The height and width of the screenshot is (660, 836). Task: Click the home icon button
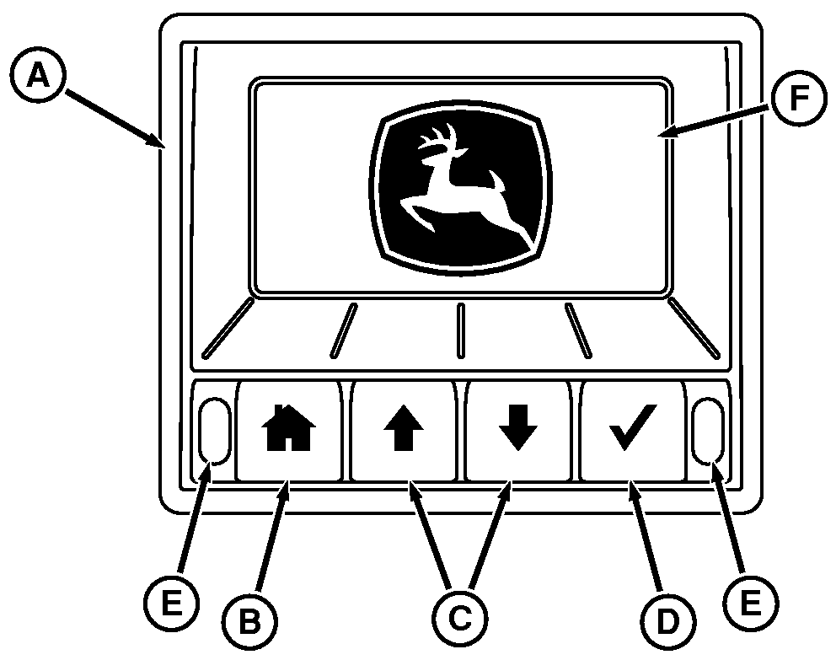[x=288, y=430]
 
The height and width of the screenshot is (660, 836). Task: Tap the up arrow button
[x=404, y=430]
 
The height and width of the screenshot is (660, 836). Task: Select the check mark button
[x=632, y=430]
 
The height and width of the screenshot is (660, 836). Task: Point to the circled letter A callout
[x=38, y=75]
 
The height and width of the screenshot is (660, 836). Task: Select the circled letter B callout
[x=249, y=621]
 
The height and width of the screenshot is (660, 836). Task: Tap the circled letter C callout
[x=459, y=619]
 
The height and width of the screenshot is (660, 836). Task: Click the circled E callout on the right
[x=751, y=604]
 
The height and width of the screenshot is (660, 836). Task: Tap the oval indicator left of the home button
[x=214, y=430]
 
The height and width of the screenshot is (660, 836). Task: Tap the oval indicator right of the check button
[x=708, y=430]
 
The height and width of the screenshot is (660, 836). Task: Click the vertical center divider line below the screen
[x=461, y=330]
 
